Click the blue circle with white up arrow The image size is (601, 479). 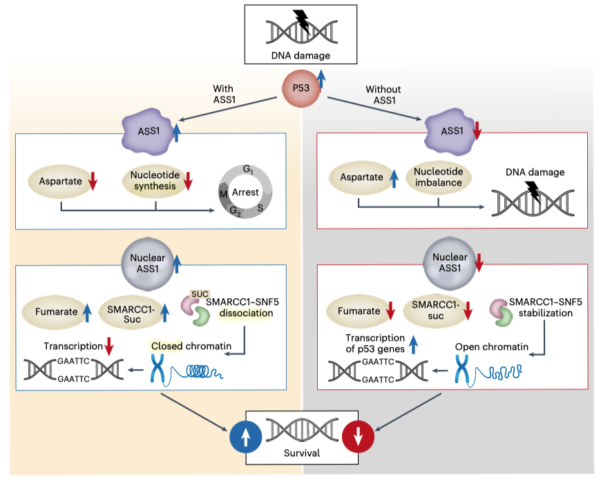247,436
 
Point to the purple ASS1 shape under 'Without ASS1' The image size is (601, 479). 452,128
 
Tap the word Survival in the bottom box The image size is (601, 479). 301,454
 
